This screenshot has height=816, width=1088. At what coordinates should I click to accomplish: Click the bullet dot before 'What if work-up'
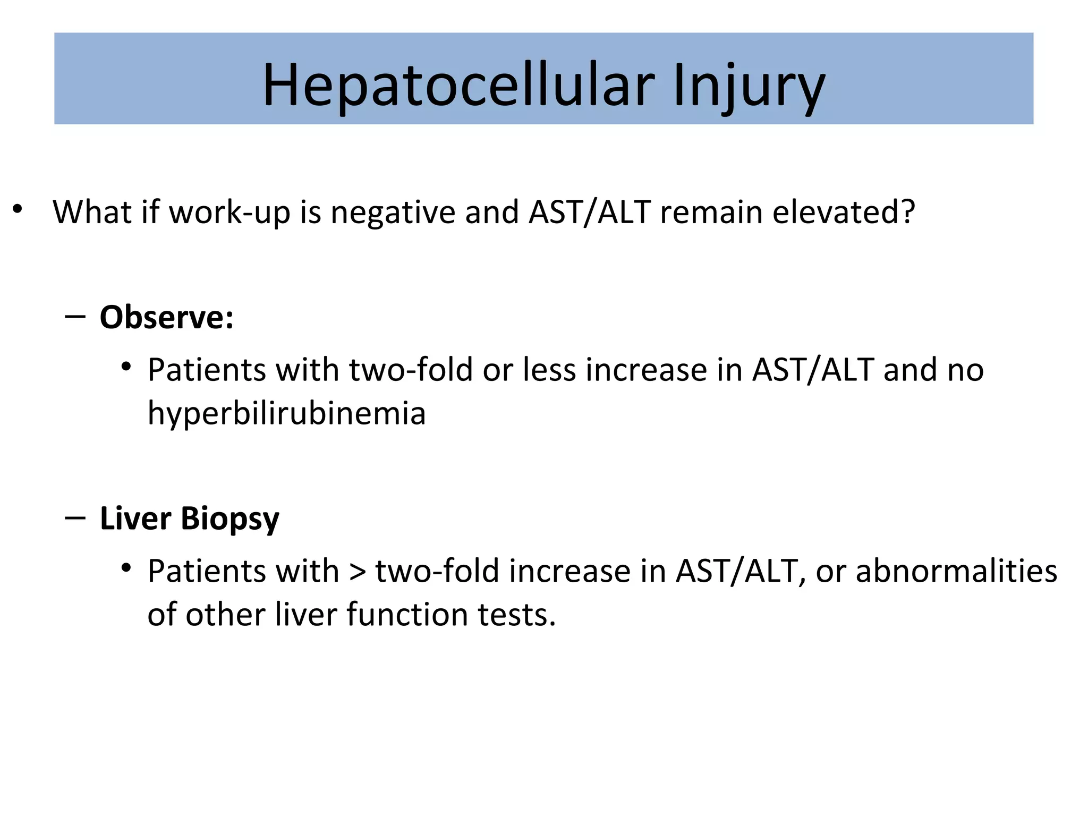coord(18,209)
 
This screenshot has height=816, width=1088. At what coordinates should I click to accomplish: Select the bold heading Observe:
coord(166,318)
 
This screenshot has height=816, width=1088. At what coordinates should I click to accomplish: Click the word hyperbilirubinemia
coord(286,414)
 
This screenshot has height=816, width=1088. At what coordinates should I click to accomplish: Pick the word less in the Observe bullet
coord(549,370)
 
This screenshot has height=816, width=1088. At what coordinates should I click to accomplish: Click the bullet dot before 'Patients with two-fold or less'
coord(126,367)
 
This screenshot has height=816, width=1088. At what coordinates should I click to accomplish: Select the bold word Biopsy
coord(229,519)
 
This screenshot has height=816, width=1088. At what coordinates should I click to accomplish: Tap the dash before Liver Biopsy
coord(75,518)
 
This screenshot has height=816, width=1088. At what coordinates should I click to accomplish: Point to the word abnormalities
coord(956,571)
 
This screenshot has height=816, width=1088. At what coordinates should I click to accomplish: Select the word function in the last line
coord(407,615)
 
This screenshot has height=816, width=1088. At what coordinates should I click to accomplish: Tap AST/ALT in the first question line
coord(590,211)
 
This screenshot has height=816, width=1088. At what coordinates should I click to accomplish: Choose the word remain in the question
coord(711,211)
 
